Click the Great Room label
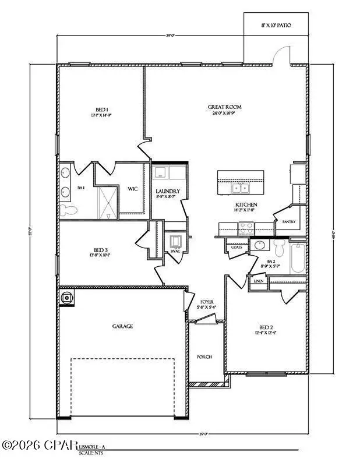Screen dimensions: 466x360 click(225, 107)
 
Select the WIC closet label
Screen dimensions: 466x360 click(133, 188)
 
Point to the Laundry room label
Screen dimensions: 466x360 click(167, 191)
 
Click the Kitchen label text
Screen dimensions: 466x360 click(246, 205)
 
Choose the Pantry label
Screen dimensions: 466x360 click(288, 222)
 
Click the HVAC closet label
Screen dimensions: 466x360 click(175, 251)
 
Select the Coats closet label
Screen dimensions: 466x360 click(236, 247)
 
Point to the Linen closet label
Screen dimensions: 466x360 click(259, 281)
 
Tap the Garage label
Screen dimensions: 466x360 click(122, 327)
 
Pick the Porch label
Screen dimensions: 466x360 click(204, 357)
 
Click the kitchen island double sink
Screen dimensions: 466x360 click(239, 188)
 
